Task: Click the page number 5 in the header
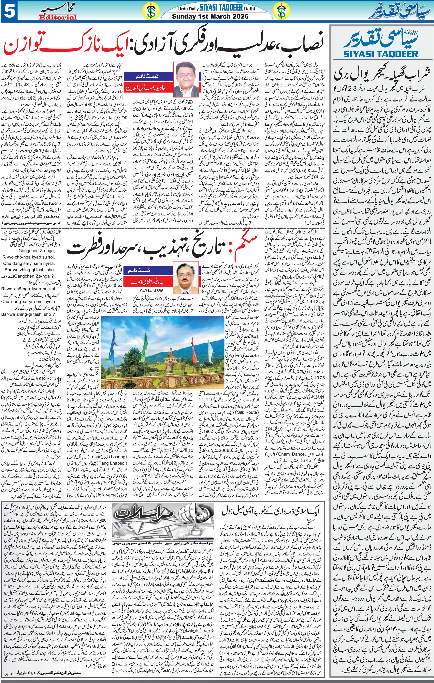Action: (8, 11)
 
